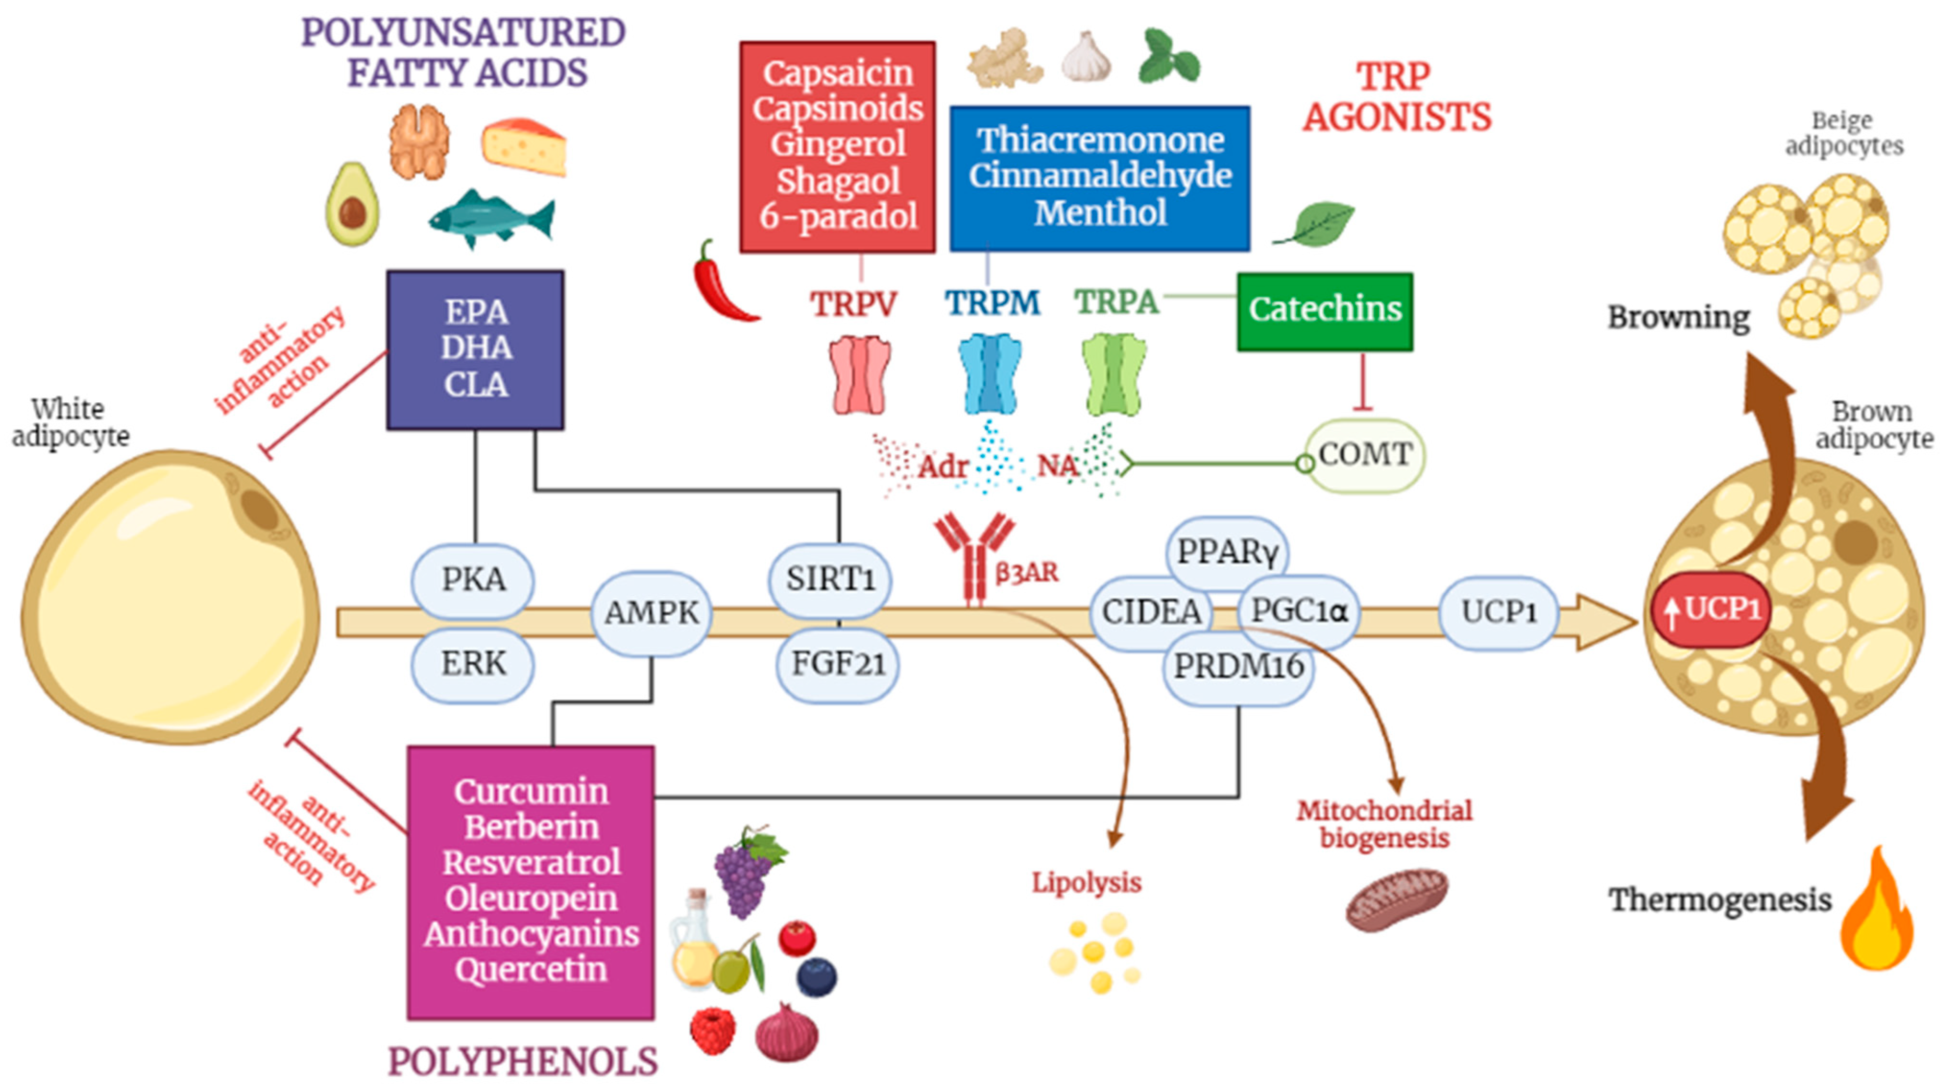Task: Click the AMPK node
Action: point(651,612)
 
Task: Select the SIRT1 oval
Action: point(830,580)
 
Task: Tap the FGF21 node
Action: point(838,664)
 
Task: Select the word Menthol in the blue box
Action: point(1100,212)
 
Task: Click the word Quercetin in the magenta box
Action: point(530,969)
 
